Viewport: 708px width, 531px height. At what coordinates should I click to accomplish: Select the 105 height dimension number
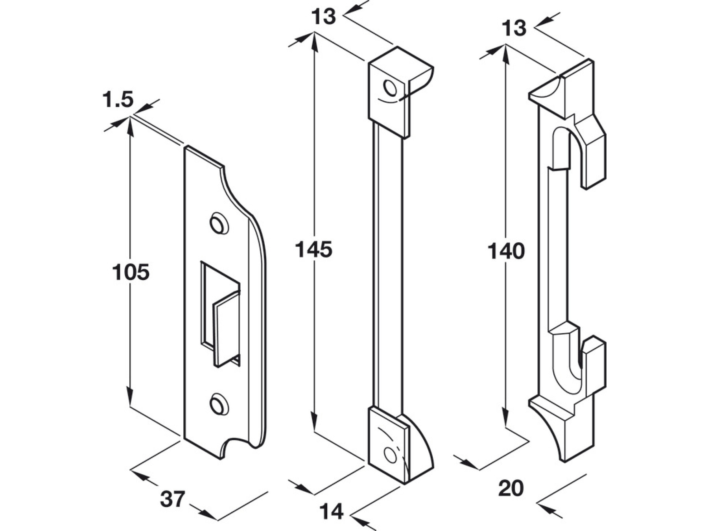[131, 272]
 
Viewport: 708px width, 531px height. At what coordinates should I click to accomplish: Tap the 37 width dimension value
[172, 500]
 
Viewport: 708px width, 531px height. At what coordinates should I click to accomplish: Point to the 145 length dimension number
[313, 249]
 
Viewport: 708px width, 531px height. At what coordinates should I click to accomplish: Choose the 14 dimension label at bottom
[331, 512]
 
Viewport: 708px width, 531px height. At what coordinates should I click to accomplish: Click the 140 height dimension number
[506, 251]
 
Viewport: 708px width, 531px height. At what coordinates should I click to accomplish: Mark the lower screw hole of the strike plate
[218, 404]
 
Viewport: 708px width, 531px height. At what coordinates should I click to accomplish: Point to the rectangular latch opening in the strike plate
[220, 311]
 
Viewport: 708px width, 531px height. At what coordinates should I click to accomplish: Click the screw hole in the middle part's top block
[391, 88]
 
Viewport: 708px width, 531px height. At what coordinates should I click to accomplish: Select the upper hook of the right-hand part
[592, 153]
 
